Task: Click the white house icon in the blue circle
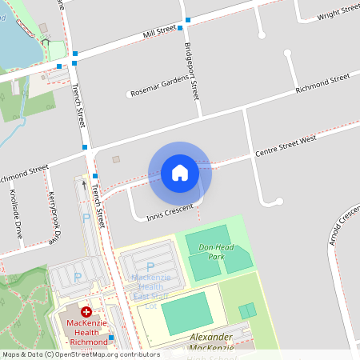180,172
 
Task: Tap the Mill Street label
159,32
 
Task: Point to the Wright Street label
338,13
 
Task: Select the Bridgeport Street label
191,70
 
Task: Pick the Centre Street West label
286,146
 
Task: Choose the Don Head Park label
216,252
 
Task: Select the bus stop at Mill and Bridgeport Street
188,19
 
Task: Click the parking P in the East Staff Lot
150,268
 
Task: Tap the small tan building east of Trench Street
116,159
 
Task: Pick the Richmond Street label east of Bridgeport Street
322,83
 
